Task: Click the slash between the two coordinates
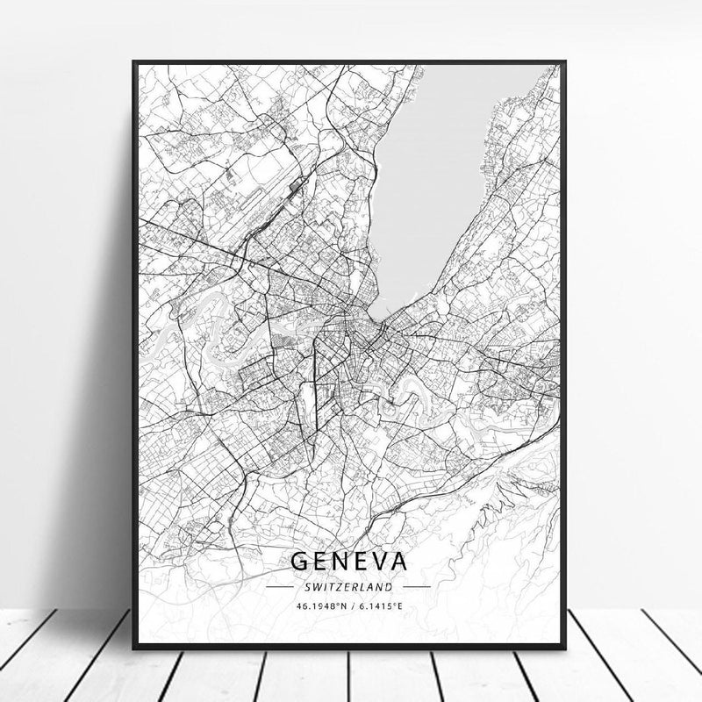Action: [349, 605]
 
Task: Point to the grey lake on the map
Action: [439, 158]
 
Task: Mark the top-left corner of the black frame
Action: [134, 62]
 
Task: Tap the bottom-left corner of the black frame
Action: [134, 648]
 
